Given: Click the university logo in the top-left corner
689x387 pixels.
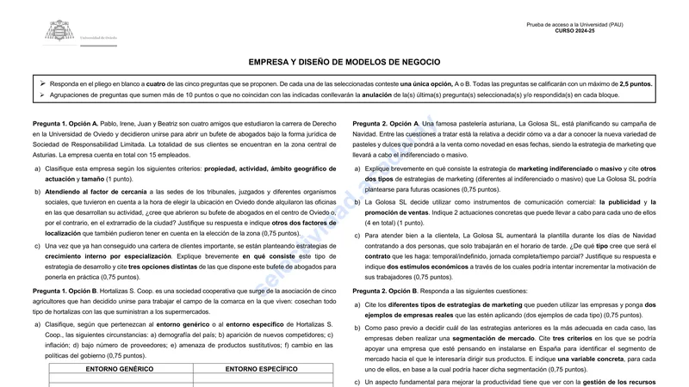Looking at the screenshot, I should [59, 32].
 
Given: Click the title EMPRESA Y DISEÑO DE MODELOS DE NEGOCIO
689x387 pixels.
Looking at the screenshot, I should [344, 63].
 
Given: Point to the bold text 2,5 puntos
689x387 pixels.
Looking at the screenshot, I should [636, 84].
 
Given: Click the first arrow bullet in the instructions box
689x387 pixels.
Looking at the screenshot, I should [42, 84].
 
